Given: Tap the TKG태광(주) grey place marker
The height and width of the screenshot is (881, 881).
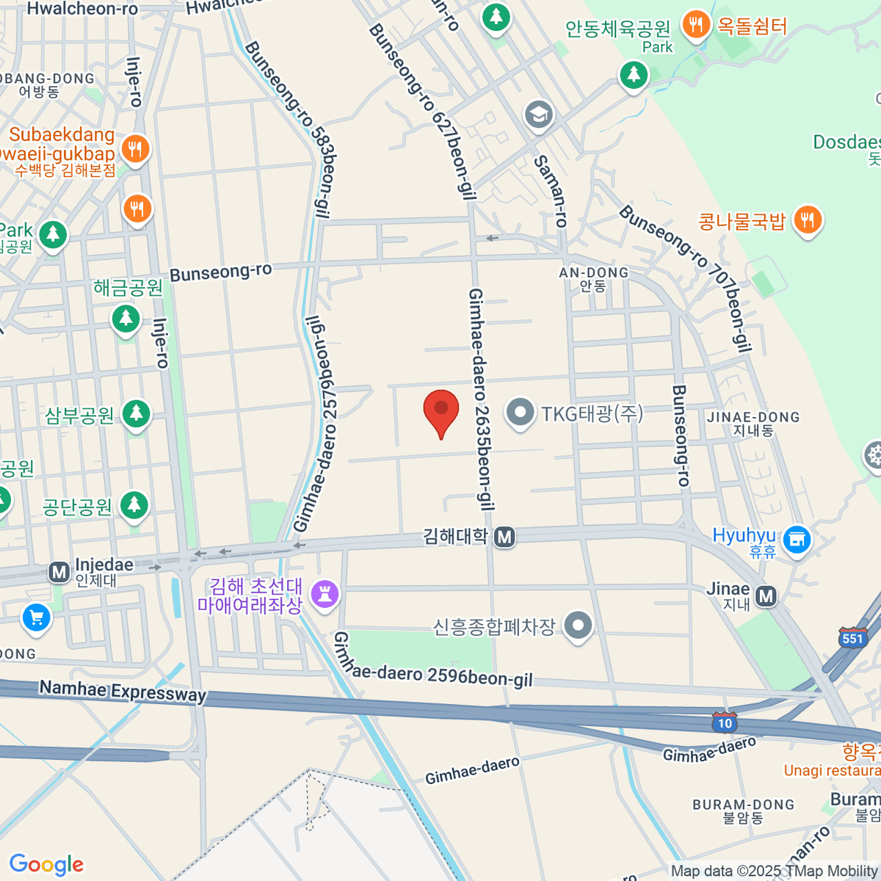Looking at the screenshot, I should pos(521,412).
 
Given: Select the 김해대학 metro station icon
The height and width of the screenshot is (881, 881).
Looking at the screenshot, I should pos(504,537).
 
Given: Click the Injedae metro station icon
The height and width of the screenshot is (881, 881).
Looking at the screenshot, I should pos(59,572).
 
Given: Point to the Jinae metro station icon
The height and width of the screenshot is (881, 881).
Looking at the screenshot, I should pos(766,596).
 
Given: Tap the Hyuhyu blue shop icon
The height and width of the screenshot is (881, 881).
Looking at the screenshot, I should pos(797,540).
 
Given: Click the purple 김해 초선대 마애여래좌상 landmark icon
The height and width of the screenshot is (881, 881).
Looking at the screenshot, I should pos(325,593).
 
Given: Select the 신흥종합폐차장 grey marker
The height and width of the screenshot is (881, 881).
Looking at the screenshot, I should pos(578,626).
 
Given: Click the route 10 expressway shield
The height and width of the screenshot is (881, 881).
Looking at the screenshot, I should pos(725,722).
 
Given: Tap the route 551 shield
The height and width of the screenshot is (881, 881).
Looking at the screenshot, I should pos(852,637).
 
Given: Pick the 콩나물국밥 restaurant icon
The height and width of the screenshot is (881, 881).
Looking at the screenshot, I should pos(808,219).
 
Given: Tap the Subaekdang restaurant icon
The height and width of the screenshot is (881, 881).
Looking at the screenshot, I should pos(135,149).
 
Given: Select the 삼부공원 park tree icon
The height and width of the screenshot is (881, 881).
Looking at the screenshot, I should pos(136,414).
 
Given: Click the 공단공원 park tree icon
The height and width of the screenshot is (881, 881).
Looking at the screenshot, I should pos(134,505).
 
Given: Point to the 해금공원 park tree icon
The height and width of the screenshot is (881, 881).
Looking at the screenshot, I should pos(126,319).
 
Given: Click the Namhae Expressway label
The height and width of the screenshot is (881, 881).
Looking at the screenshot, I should pos(123,691).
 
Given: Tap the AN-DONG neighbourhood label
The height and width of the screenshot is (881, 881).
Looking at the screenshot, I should pos(593,273).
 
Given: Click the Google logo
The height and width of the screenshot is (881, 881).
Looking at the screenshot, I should pos(46,864).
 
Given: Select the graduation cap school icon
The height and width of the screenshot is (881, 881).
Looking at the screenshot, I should pos(539,115).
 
